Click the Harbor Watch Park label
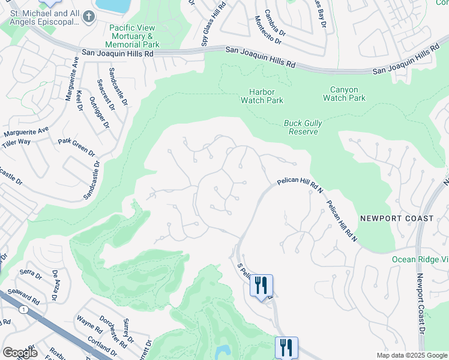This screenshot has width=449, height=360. coord(262,96)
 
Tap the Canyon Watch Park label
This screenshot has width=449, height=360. coord(344,94)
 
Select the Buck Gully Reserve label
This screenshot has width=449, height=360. coord(303,127)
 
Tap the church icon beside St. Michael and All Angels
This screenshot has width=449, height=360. coord(89,16)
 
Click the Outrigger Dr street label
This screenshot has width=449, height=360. coord(99,112)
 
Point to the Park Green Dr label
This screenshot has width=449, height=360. coord(77,146)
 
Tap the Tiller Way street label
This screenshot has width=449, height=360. coord(16,142)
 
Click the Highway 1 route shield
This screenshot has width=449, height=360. coord(23,309)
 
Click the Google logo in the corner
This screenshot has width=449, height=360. coord(20,353)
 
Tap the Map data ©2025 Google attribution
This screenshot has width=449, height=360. coord(411,355)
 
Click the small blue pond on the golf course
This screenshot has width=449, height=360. coord(223,351)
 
